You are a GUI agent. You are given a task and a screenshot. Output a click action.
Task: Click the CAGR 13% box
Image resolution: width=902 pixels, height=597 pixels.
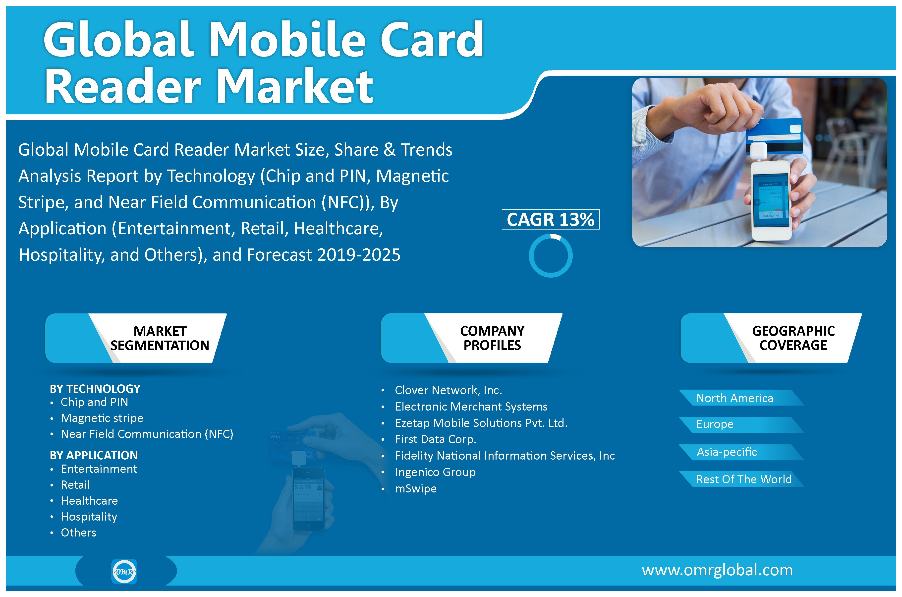pyautogui.click(x=550, y=219)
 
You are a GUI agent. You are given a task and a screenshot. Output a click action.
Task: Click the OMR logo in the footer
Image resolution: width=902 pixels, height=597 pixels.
pyautogui.click(x=124, y=571)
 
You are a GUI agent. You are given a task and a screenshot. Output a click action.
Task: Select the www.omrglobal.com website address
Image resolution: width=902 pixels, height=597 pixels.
pyautogui.click(x=717, y=570)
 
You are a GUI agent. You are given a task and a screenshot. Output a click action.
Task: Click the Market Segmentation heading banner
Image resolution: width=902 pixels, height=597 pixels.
pyautogui.click(x=136, y=338)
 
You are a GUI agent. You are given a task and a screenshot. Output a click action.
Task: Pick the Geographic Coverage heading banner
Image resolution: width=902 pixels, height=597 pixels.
pyautogui.click(x=771, y=338)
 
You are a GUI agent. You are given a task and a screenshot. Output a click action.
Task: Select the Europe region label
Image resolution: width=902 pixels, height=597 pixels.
pyautogui.click(x=715, y=424)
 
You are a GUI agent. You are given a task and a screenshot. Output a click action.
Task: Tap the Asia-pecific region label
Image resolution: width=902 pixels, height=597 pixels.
pyautogui.click(x=727, y=452)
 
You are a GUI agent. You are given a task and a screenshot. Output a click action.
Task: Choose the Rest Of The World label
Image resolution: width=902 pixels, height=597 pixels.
pyautogui.click(x=744, y=479)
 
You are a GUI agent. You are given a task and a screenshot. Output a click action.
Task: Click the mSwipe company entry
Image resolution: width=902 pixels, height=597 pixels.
pyautogui.click(x=416, y=488)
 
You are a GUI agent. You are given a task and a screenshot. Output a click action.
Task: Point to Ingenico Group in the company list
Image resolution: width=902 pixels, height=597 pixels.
pyautogui.click(x=435, y=472)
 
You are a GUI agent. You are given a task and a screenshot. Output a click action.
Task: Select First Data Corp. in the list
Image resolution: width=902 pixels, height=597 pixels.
pyautogui.click(x=435, y=439)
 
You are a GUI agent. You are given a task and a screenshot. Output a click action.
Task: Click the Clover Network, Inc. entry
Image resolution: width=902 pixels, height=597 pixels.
pyautogui.click(x=448, y=390)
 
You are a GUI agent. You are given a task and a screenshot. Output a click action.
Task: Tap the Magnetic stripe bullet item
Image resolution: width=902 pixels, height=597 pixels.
pyautogui.click(x=102, y=418)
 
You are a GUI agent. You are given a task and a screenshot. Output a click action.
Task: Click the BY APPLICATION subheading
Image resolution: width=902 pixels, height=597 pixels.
pyautogui.click(x=94, y=455)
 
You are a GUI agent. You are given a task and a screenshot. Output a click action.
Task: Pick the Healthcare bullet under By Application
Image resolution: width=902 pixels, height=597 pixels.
pyautogui.click(x=89, y=501)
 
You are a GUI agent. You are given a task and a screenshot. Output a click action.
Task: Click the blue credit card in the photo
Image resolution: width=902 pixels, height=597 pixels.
pyautogui.click(x=774, y=136)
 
